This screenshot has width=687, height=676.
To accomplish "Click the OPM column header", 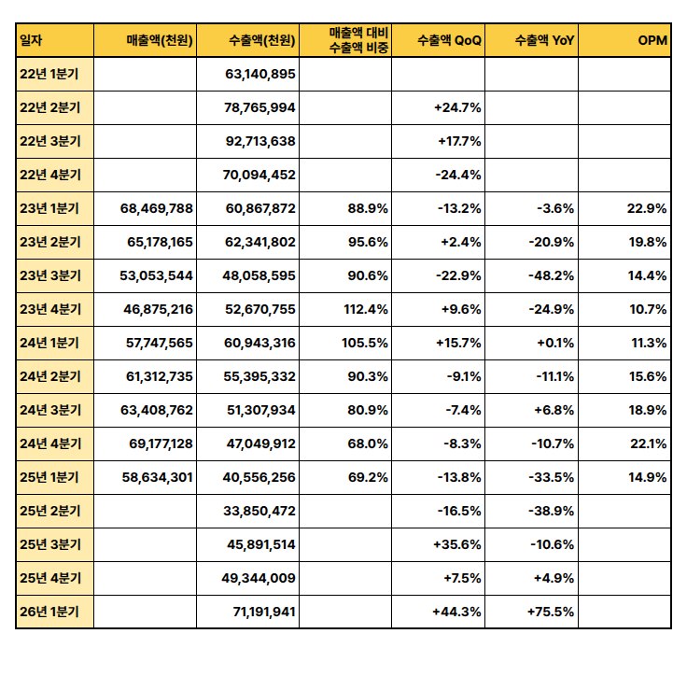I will tap(652, 40).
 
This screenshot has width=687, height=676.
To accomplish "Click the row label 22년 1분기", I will tap(49, 74).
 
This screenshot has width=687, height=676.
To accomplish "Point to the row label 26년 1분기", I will tap(49, 613).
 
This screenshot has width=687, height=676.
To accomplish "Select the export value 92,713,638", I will tap(260, 141).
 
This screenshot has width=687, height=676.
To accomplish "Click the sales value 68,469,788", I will tap(157, 208).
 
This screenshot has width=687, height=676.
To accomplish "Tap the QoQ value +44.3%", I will tap(457, 613).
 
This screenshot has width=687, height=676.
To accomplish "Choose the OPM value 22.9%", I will tap(647, 208).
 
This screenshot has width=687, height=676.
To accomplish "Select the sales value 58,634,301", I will tap(157, 478).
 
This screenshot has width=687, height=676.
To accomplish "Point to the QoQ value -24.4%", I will tap(458, 175).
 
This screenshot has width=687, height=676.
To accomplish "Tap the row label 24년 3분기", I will tap(49, 410).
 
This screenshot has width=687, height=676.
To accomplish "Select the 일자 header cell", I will tap(32, 40).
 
